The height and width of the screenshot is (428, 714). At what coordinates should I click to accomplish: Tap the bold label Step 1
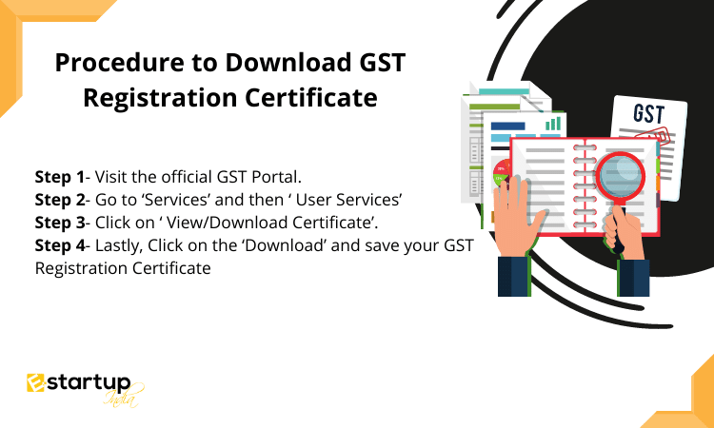[x=60, y=177]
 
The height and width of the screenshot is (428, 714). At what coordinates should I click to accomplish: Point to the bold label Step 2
[x=60, y=200]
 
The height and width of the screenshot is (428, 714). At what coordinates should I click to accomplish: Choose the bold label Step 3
[x=60, y=223]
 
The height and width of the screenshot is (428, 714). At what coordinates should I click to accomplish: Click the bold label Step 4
[x=60, y=245]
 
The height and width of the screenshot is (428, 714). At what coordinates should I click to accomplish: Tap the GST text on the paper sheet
[x=649, y=114]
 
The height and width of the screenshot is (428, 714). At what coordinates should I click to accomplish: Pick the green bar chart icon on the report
[x=553, y=124]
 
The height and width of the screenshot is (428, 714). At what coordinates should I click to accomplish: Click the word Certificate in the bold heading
[x=311, y=97]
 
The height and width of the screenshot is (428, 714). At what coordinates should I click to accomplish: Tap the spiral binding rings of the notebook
[x=581, y=186]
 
